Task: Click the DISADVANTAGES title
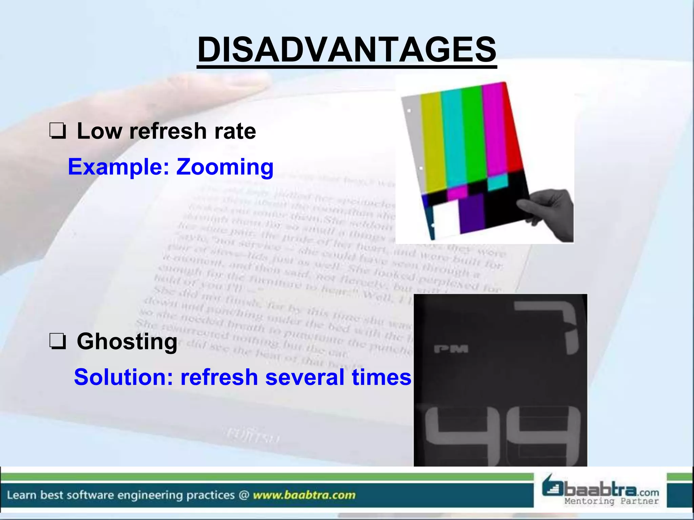click(x=347, y=50)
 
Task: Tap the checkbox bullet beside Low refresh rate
click(x=58, y=131)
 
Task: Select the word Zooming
click(x=225, y=167)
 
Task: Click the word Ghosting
click(x=127, y=341)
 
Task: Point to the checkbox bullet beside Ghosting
click(x=58, y=341)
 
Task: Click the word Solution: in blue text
click(x=123, y=377)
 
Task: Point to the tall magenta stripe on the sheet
click(x=495, y=129)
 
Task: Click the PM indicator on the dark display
click(x=451, y=349)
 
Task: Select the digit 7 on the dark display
click(x=556, y=325)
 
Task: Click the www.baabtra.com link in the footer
click(x=304, y=495)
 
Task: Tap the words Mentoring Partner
click(x=611, y=501)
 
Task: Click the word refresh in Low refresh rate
click(x=168, y=131)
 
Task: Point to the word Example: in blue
click(x=119, y=167)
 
